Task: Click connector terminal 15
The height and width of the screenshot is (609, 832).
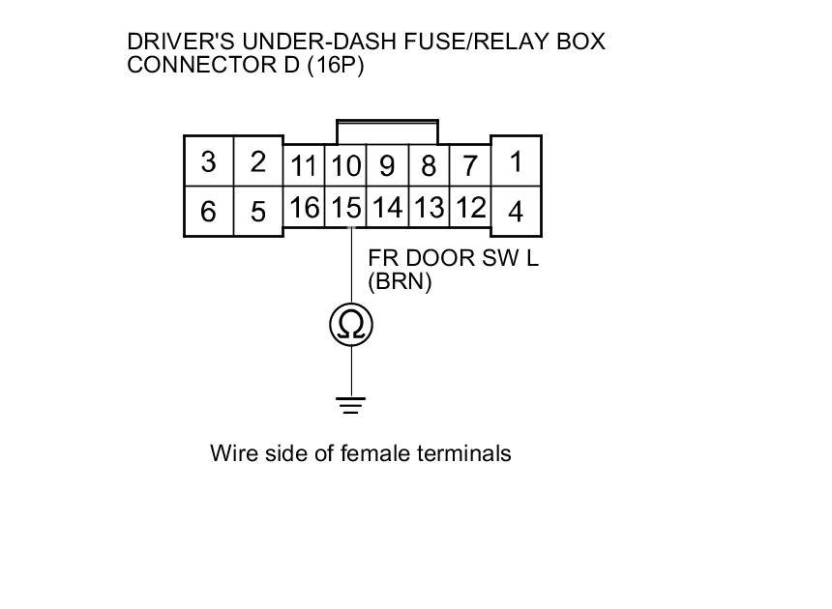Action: (x=345, y=208)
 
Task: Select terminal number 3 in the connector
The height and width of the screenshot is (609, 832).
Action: (x=208, y=161)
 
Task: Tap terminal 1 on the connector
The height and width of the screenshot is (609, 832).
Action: (x=516, y=161)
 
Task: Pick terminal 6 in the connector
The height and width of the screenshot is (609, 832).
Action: (x=208, y=211)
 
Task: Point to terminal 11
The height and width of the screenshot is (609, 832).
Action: (x=304, y=166)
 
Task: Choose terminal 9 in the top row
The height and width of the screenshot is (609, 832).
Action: (x=387, y=166)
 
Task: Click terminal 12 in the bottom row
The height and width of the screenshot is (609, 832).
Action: (x=470, y=208)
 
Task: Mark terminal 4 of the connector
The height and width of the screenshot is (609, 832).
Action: (x=516, y=211)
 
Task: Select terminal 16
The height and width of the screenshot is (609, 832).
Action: (x=304, y=208)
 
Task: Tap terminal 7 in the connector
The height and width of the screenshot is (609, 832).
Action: (x=470, y=166)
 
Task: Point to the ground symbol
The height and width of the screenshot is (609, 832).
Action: (x=351, y=405)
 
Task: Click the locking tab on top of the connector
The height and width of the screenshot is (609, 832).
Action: (x=387, y=130)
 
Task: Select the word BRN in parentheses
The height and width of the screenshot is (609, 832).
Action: (x=400, y=282)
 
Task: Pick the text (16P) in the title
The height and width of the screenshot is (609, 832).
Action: (x=332, y=66)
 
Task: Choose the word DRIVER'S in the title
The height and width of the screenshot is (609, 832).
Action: (x=182, y=43)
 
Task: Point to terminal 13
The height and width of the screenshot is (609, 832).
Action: (x=429, y=208)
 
